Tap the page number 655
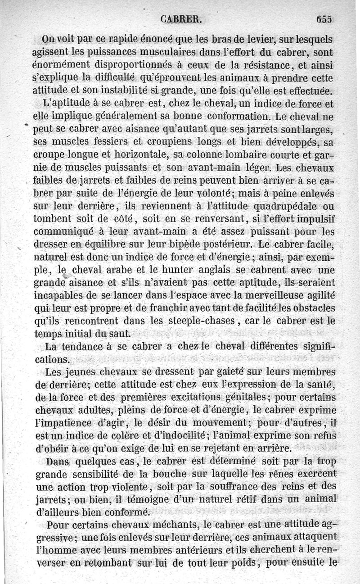[324, 19]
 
